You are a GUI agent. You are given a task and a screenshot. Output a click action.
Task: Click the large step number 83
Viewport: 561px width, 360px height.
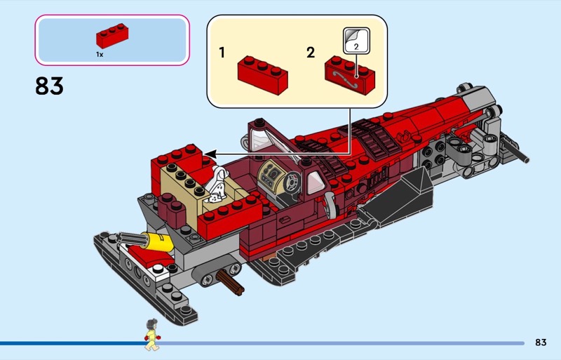coord(49,86)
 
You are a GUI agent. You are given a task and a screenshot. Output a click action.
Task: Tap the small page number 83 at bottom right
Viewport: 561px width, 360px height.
coord(540,342)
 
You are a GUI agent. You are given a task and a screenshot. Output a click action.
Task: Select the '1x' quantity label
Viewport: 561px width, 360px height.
coord(100,54)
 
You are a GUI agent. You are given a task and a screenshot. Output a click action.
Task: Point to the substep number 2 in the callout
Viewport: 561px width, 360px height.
coord(311,53)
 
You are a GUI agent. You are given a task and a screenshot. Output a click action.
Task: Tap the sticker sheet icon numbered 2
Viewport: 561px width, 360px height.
coord(354,41)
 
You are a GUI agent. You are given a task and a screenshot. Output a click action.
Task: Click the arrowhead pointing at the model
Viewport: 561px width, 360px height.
coord(210,153)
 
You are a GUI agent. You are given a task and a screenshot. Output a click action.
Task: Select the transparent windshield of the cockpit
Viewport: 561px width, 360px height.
coord(266,136)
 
